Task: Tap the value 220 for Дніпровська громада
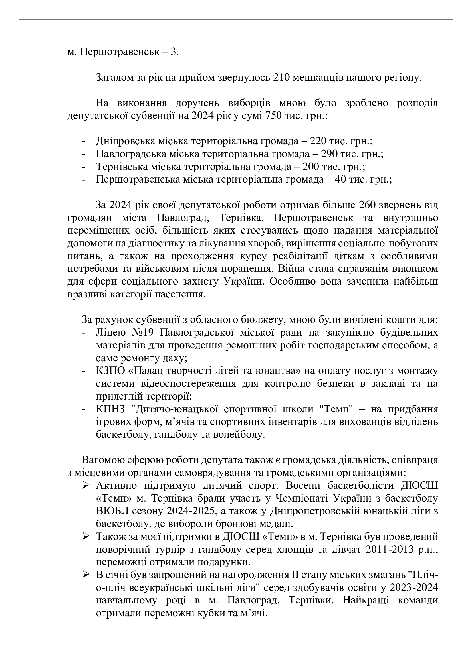click(x=318, y=141)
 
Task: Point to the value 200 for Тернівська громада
click(x=311, y=167)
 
